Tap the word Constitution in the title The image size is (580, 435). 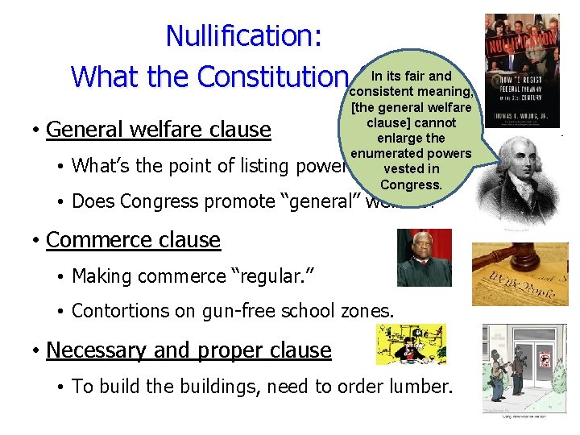pyautogui.click(x=273, y=77)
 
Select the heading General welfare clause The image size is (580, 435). pyautogui.click(x=159, y=129)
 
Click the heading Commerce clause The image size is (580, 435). pyautogui.click(x=133, y=240)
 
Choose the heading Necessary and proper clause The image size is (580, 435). pyautogui.click(x=188, y=350)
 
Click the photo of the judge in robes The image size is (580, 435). pyautogui.click(x=425, y=258)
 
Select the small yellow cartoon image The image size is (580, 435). pyautogui.click(x=411, y=345)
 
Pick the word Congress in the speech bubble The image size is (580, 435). pyautogui.click(x=411, y=184)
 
